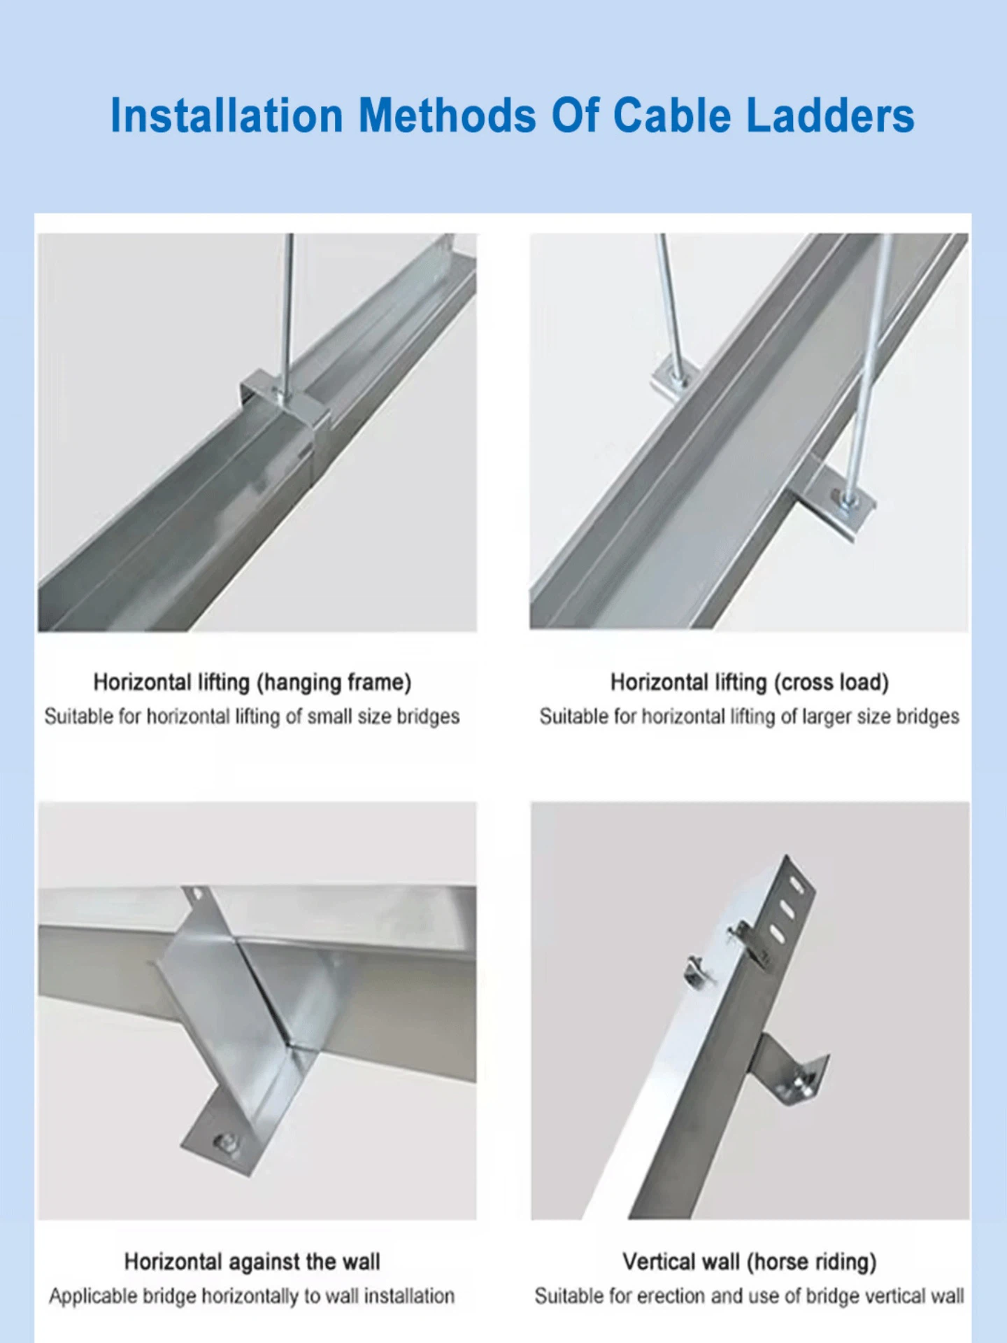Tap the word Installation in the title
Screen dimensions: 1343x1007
227,115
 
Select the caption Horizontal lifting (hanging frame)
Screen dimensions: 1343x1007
252,682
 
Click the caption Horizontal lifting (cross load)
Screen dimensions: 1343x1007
749,682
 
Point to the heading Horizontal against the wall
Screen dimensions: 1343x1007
252,1261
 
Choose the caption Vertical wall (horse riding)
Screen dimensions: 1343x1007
749,1261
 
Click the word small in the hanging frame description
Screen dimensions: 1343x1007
329,717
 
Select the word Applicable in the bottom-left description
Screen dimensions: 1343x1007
92,1296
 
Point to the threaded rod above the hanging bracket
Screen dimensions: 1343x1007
287,308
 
